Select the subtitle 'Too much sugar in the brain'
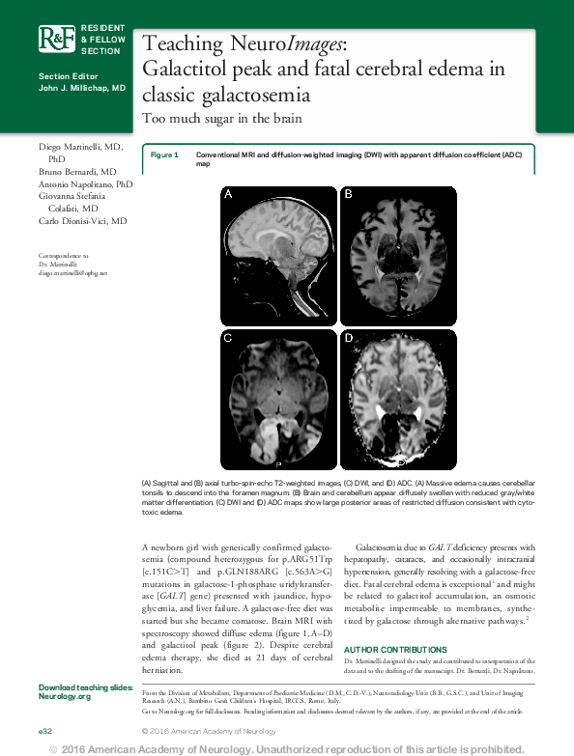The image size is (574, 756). point(221,119)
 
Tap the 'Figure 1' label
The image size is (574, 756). point(164,154)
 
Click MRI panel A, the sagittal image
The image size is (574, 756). point(278,252)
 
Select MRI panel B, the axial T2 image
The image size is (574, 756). point(397,252)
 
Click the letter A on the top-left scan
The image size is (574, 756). point(229,194)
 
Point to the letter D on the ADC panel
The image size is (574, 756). point(349,338)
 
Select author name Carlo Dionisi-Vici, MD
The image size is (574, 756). point(83,221)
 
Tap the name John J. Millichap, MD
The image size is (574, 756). point(82,87)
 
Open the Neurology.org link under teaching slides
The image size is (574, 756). point(65,695)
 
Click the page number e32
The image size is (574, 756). point(45,731)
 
